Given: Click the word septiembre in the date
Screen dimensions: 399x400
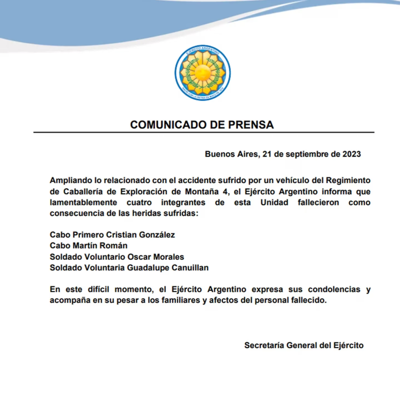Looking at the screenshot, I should (x=305, y=154).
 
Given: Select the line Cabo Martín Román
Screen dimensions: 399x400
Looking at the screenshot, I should (x=89, y=246).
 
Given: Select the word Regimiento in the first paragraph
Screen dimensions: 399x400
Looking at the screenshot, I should (x=346, y=181).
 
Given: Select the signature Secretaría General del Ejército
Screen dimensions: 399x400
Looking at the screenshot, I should (x=304, y=345).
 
